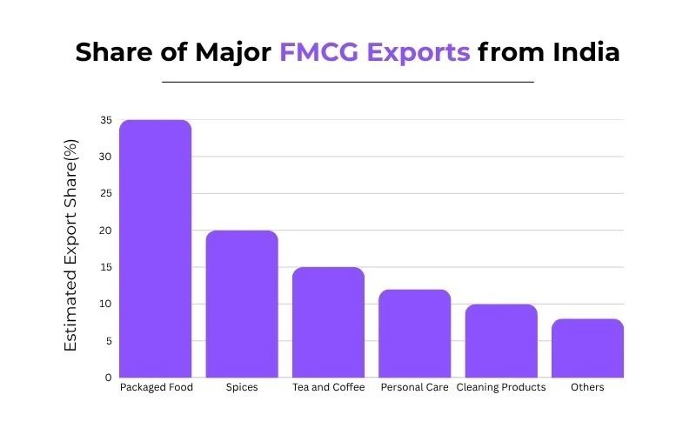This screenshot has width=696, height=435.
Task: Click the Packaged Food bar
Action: (155, 249)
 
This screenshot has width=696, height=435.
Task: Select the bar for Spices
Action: (241, 304)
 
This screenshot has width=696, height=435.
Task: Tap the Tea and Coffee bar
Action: (327, 322)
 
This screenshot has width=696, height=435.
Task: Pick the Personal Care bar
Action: (414, 333)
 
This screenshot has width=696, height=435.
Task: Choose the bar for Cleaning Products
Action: (501, 340)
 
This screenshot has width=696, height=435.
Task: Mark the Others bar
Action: (587, 348)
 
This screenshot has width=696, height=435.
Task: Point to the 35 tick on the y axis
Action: (104, 120)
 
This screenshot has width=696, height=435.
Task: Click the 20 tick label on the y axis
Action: (104, 231)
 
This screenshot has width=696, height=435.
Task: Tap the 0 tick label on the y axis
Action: (108, 378)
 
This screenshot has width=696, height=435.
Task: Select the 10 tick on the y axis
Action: (104, 304)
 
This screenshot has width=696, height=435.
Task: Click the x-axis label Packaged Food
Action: (156, 387)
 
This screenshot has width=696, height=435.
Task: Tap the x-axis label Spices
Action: (241, 387)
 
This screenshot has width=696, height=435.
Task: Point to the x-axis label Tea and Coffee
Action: (327, 387)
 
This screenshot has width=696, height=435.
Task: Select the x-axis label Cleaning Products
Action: (501, 387)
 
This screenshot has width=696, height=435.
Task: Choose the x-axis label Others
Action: (587, 387)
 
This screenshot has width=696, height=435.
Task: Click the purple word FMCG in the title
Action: (322, 52)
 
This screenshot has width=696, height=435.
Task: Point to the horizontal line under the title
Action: (348, 82)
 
